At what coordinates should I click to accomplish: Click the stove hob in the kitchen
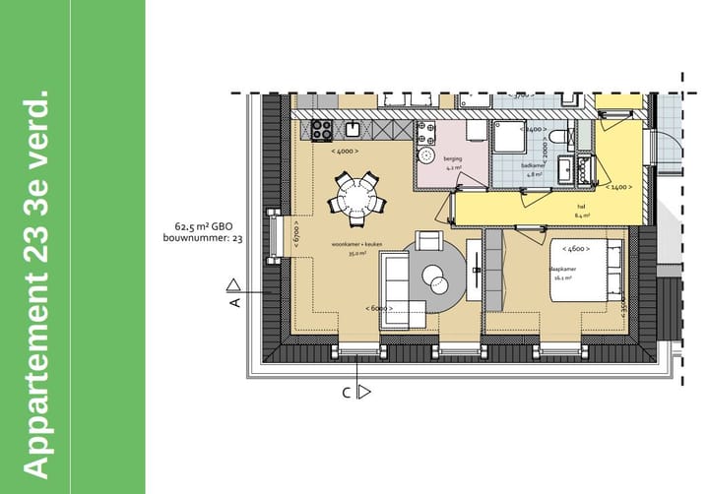pyautogui.click(x=322, y=127)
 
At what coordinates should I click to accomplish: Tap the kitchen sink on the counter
pyautogui.click(x=354, y=127)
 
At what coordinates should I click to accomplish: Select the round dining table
pyautogui.click(x=357, y=200)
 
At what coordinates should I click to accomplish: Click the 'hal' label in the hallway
pyautogui.click(x=581, y=206)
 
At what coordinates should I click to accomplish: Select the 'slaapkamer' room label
pyautogui.click(x=562, y=269)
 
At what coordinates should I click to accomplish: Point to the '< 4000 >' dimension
pyautogui.click(x=345, y=151)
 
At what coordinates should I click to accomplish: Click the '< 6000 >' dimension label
pyautogui.click(x=378, y=308)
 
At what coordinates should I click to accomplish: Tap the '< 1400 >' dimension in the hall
pyautogui.click(x=619, y=186)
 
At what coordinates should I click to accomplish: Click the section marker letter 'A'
pyautogui.click(x=235, y=303)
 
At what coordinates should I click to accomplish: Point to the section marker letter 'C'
pyautogui.click(x=347, y=392)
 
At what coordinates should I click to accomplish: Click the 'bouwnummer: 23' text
pyautogui.click(x=205, y=238)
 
